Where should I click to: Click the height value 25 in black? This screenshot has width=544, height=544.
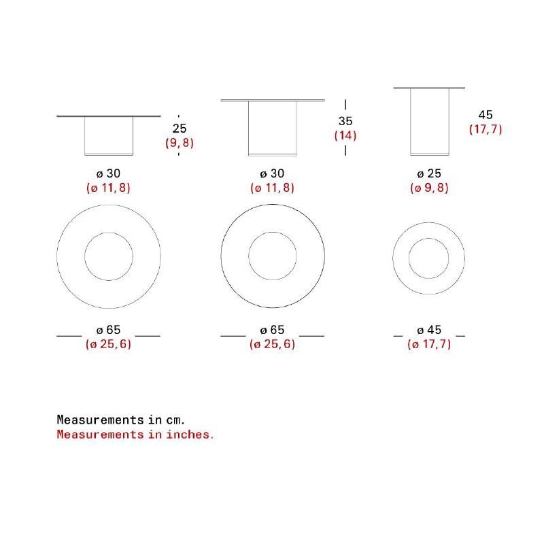point(180,129)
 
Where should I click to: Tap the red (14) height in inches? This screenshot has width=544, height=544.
point(345,135)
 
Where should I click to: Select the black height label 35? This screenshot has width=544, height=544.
point(345,121)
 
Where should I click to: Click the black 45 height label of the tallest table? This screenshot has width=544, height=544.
point(486,115)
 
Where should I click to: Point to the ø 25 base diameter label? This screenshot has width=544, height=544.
point(429,173)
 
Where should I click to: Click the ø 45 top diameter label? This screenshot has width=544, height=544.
point(429,330)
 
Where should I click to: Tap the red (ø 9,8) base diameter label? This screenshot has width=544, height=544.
point(429,188)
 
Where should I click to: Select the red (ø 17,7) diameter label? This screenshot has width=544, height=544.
point(429,344)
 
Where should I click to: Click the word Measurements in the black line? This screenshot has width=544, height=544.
point(100,420)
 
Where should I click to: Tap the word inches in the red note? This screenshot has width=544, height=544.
point(190,435)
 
